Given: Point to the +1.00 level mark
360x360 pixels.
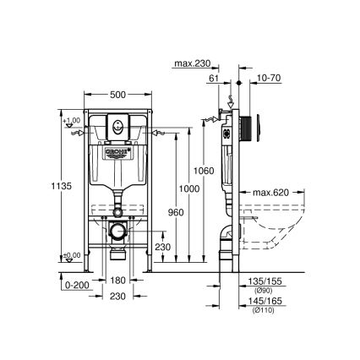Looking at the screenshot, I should click(x=70, y=120).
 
